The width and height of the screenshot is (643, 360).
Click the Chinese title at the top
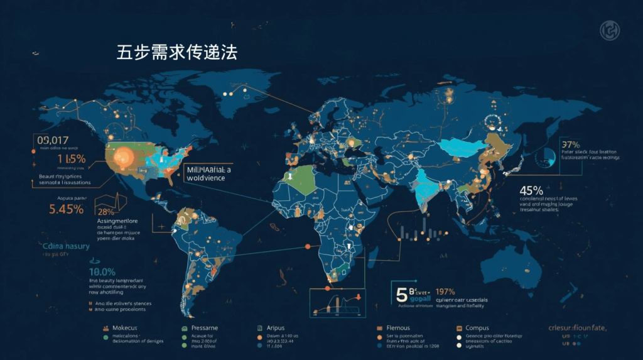coord(176,52)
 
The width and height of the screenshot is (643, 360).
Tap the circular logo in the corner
coord(609,30)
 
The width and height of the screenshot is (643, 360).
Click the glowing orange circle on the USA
coord(121,156)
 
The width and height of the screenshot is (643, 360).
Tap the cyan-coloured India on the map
coord(428,182)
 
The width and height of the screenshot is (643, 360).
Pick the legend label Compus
coord(479,328)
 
